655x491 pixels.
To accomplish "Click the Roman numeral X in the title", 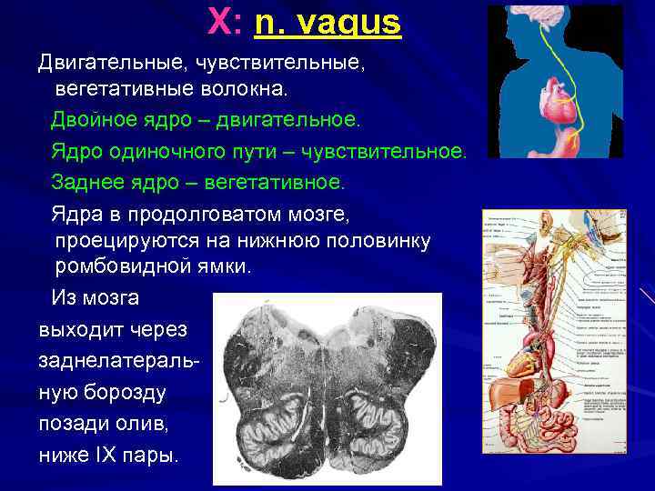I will [219, 22].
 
